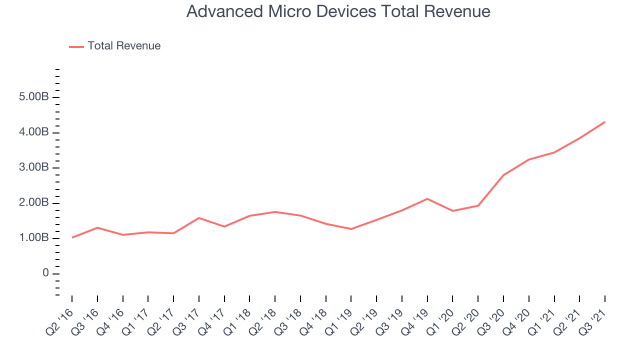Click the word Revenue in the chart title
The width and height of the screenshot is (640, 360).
click(x=457, y=11)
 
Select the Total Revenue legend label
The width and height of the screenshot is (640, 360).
click(x=124, y=45)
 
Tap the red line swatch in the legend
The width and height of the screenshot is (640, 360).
click(x=76, y=47)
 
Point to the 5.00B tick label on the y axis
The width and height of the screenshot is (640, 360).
click(x=34, y=96)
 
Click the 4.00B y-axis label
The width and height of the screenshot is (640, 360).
click(x=34, y=132)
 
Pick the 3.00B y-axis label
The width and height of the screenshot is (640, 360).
click(x=34, y=167)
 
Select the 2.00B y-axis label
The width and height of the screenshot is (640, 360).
click(x=34, y=202)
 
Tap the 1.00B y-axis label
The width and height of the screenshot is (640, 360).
click(x=34, y=237)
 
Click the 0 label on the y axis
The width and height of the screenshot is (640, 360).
click(x=45, y=273)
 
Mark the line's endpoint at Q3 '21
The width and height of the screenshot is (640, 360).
click(x=605, y=122)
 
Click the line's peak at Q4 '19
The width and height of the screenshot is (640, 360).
click(x=427, y=199)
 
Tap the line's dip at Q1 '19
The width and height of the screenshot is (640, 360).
click(x=351, y=229)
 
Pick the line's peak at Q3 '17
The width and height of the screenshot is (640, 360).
click(x=199, y=218)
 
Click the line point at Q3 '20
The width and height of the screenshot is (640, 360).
click(x=503, y=175)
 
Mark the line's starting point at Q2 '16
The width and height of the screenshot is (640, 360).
click(x=72, y=237)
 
